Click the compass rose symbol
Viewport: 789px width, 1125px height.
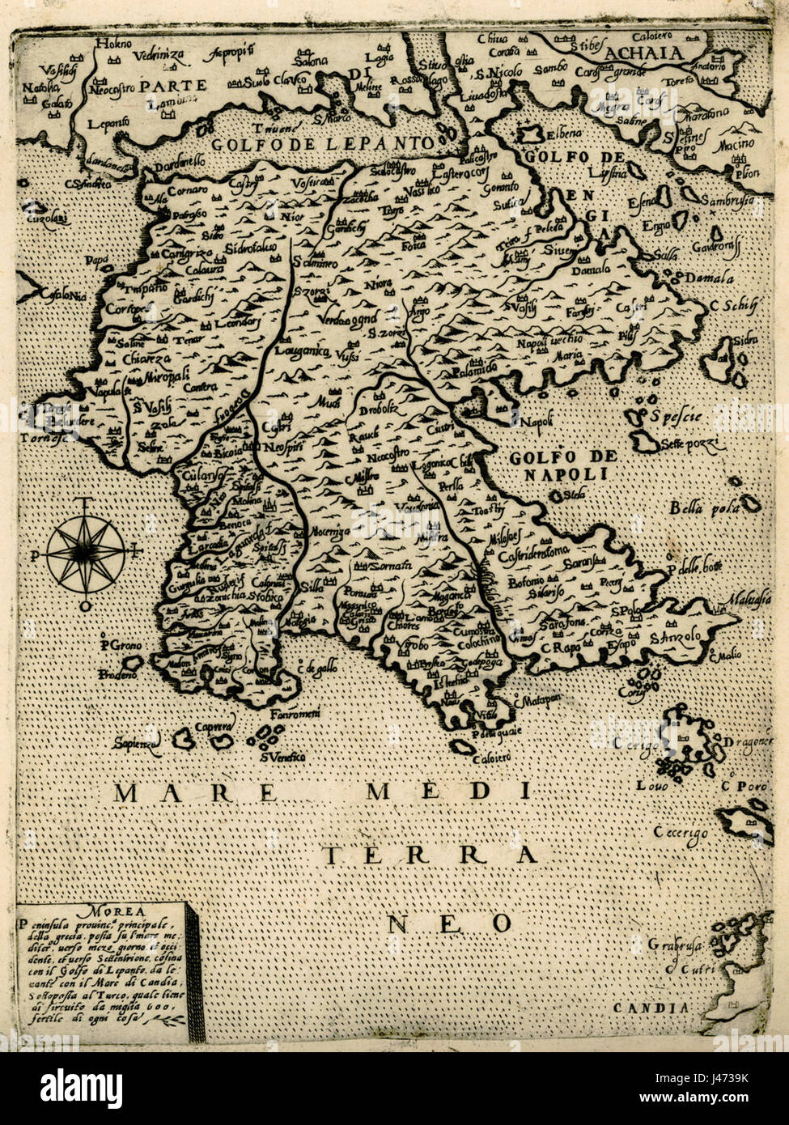coord(85,553)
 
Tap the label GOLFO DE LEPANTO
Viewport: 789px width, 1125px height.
coord(322,143)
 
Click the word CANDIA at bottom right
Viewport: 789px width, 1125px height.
coord(662,1008)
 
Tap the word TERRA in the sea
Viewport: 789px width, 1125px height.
coord(429,855)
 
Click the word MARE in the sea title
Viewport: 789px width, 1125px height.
coord(170,792)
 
